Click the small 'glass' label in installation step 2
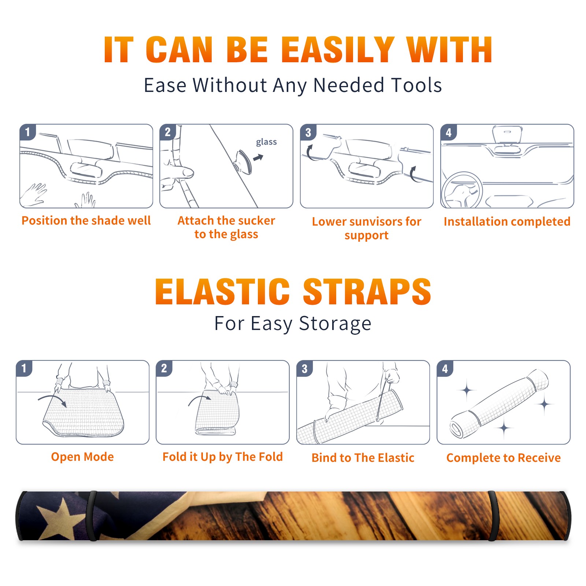(x=266, y=142)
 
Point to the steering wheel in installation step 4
(x=462, y=190)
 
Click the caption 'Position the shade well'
(x=86, y=220)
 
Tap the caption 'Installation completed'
(x=507, y=222)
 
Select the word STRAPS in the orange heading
(x=367, y=292)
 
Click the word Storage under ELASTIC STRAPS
(x=335, y=324)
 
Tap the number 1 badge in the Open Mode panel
(x=24, y=368)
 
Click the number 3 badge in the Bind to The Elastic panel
(x=304, y=368)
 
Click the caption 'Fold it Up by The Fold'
(x=223, y=457)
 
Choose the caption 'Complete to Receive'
(x=504, y=458)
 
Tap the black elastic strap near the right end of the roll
(x=492, y=516)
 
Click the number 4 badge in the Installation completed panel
(x=449, y=132)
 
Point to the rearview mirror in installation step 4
(x=507, y=135)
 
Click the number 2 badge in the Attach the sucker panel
(x=167, y=132)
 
